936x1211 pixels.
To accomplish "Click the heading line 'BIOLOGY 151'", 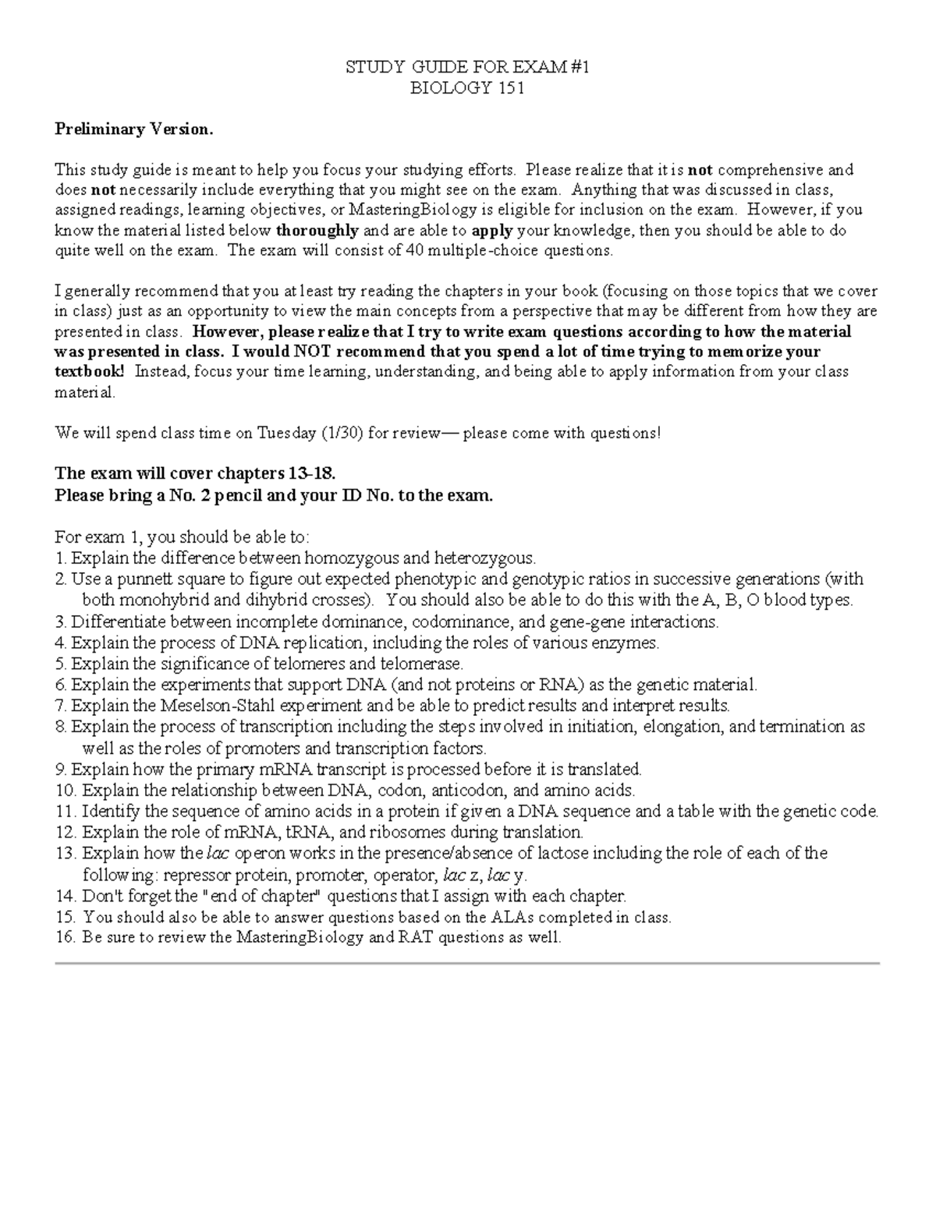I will [x=466, y=88].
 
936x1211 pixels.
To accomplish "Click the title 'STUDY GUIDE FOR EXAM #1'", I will [x=466, y=68].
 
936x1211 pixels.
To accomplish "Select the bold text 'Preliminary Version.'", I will [x=133, y=129].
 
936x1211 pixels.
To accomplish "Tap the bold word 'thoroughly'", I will [x=317, y=231].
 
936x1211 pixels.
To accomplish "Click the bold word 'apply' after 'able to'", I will [x=493, y=231].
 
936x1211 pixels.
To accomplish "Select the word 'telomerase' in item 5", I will [x=424, y=664].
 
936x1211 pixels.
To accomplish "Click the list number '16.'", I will [x=66, y=938].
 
